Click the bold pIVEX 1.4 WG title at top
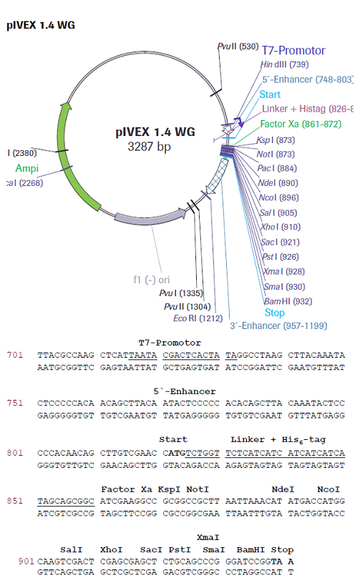40,25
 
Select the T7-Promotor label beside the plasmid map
293,51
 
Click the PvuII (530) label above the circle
238,46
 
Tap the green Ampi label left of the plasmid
26,168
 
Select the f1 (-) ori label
152,280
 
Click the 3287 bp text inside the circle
151,147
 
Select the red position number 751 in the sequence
14,402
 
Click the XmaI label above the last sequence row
208,537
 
